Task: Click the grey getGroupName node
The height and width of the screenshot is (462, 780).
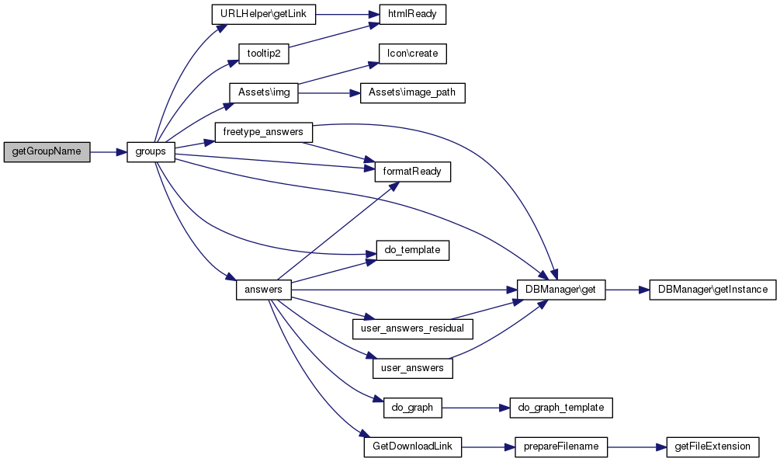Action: (x=47, y=152)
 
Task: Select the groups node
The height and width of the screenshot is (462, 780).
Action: (x=151, y=152)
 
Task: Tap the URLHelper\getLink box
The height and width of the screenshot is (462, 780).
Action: (x=264, y=14)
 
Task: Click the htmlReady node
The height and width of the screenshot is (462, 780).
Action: (x=412, y=14)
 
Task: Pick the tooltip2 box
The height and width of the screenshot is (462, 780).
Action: (x=264, y=54)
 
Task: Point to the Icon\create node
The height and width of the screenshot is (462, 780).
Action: (x=412, y=54)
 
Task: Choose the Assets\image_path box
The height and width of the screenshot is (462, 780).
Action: (x=412, y=93)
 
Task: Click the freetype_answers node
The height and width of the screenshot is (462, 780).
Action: (x=264, y=133)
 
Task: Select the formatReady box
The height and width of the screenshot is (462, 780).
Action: (x=412, y=172)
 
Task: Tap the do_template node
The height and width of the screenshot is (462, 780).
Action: (x=412, y=250)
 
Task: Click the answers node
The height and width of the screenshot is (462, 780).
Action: (x=264, y=290)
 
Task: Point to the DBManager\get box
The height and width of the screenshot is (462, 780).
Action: (x=561, y=290)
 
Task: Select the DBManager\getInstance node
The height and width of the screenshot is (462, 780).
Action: (x=712, y=290)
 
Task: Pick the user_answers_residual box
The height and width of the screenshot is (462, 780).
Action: (x=412, y=329)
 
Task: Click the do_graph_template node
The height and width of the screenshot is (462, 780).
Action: (x=561, y=408)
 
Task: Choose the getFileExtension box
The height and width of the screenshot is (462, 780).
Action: (x=712, y=447)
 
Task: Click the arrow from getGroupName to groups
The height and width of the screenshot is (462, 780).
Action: (x=109, y=152)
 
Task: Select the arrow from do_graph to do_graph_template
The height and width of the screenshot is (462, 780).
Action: (x=476, y=408)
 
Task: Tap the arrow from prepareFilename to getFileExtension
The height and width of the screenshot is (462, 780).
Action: (x=636, y=447)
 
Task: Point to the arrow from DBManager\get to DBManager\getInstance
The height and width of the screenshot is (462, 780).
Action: (x=627, y=290)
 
